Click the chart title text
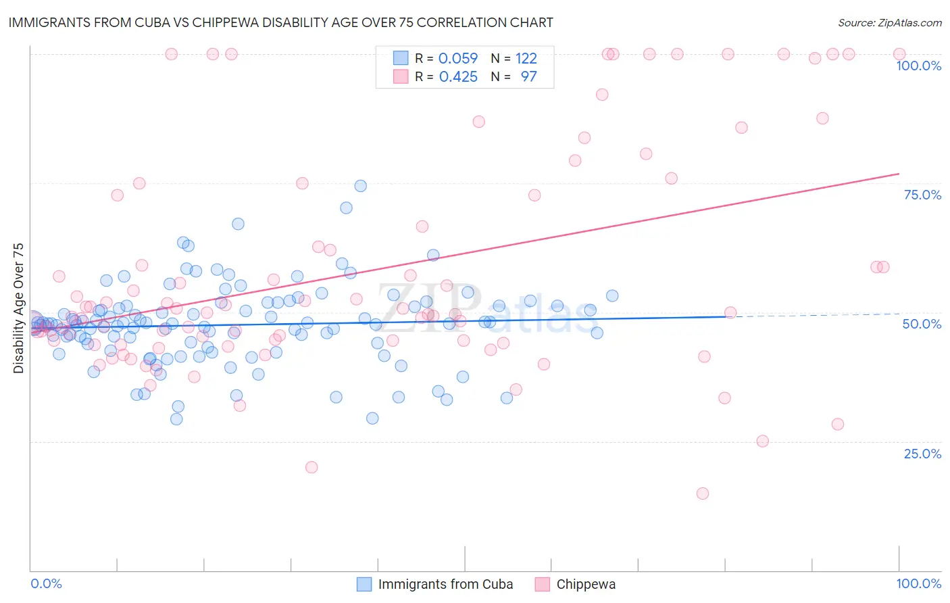point(280,22)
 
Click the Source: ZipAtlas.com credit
point(889,23)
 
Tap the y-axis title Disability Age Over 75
point(18,308)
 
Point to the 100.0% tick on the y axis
point(918,66)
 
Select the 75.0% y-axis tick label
point(922,195)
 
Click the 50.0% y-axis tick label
point(922,324)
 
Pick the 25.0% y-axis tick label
point(922,454)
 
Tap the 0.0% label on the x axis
point(46,583)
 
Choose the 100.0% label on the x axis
point(918,583)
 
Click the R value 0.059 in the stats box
point(458,59)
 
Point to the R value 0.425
point(458,77)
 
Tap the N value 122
point(526,59)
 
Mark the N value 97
point(528,77)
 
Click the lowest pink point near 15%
point(703,493)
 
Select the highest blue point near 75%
point(361,186)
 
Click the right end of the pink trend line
point(899,174)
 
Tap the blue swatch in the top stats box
point(401,59)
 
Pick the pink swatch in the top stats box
point(401,77)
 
